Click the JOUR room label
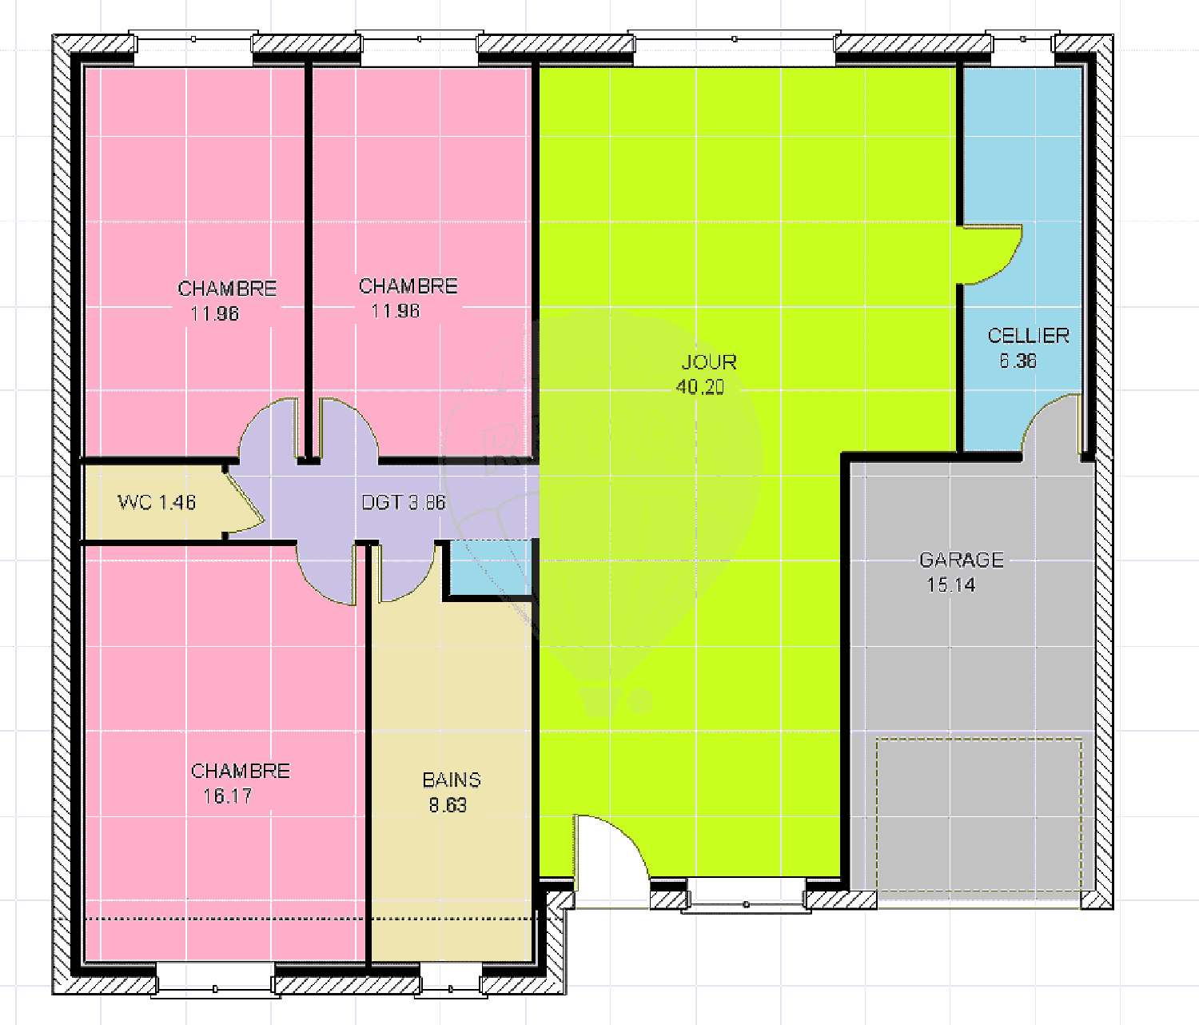tap(708, 362)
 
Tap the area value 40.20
tap(700, 387)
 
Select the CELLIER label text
tap(1028, 336)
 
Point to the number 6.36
tap(1018, 361)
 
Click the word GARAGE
tap(961, 560)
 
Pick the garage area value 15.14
tap(950, 585)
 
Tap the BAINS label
tap(452, 780)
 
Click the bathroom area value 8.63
tap(448, 805)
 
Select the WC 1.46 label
tap(157, 502)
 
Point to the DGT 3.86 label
tap(404, 503)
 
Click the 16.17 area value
tap(227, 796)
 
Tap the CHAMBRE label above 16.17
tap(240, 771)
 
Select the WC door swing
tap(246, 502)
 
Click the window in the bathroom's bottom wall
tap(451, 981)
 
